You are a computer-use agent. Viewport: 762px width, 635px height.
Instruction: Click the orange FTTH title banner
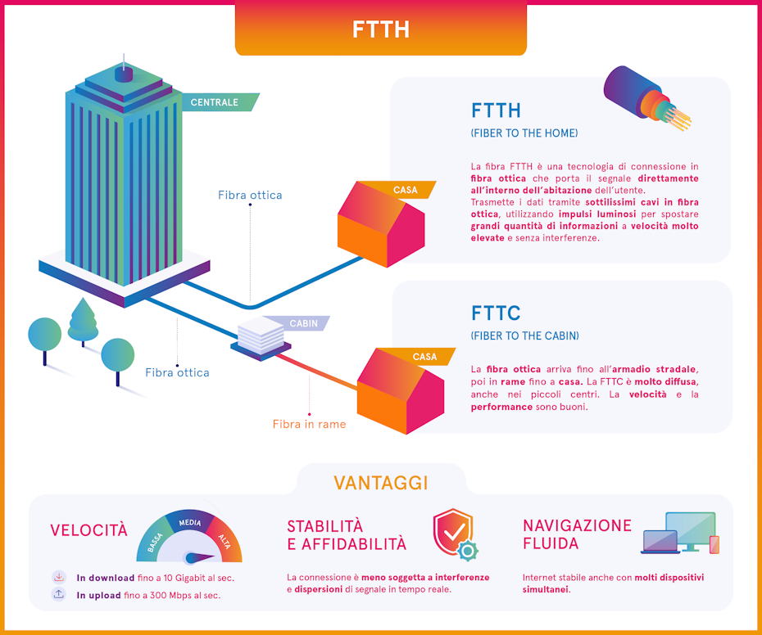(x=380, y=30)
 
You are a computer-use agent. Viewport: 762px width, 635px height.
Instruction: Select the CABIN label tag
(x=302, y=324)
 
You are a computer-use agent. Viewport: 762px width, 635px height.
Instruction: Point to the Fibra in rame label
(x=309, y=424)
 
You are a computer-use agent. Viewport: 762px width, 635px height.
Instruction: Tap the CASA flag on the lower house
(x=424, y=357)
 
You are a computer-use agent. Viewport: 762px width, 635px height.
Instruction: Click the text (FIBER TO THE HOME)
(x=524, y=133)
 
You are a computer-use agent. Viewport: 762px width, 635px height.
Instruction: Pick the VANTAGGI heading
(x=380, y=483)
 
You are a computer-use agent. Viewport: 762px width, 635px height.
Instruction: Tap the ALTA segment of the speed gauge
(x=225, y=540)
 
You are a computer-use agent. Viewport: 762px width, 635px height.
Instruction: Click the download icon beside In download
(x=58, y=577)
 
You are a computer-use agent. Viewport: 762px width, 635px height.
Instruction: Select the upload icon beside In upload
(x=58, y=595)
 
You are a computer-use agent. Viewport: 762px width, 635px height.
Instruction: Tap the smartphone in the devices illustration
(x=714, y=544)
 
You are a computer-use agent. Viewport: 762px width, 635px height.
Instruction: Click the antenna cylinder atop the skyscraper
(x=124, y=74)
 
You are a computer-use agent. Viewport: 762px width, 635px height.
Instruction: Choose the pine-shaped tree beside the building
(x=83, y=321)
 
